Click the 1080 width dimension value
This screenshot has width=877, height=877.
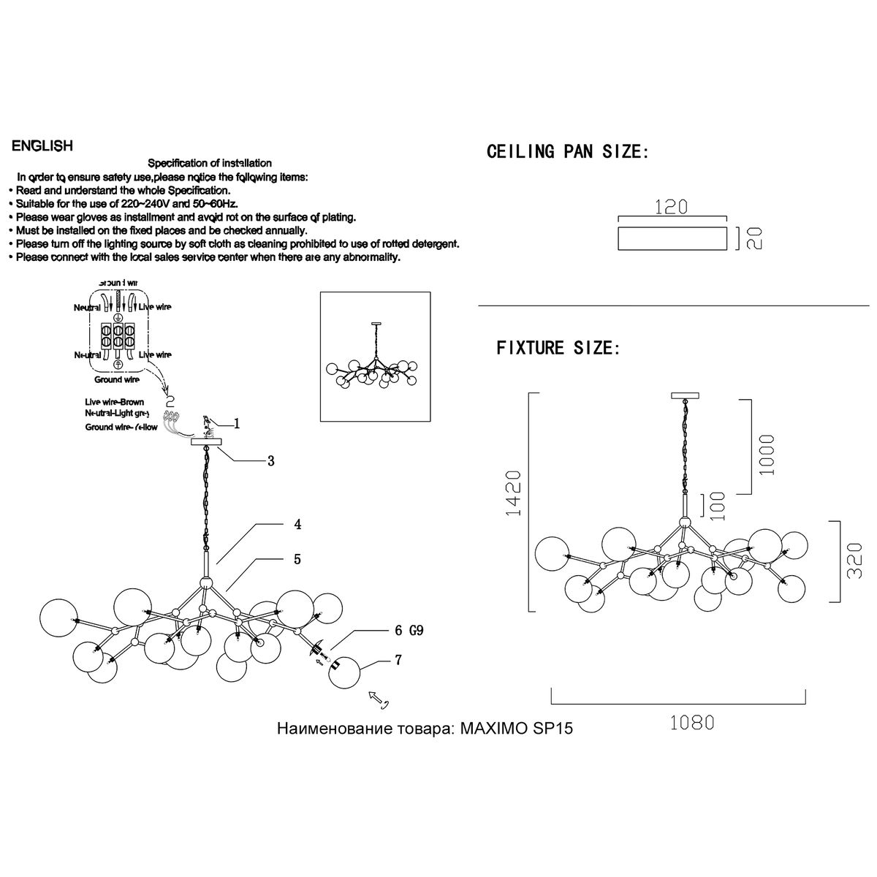pyautogui.click(x=691, y=723)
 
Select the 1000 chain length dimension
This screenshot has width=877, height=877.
pyautogui.click(x=767, y=455)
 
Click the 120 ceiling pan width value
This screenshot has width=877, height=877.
pyautogui.click(x=672, y=207)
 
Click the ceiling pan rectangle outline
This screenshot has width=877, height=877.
pyautogui.click(x=672, y=238)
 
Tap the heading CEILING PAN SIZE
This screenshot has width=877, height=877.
pyautogui.click(x=567, y=152)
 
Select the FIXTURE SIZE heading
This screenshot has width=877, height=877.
pyautogui.click(x=558, y=348)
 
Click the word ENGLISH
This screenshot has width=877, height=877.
pyautogui.click(x=42, y=146)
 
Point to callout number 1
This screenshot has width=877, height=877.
pyautogui.click(x=237, y=423)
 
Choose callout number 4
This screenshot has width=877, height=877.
pyautogui.click(x=297, y=524)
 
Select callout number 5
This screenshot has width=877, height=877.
pyautogui.click(x=297, y=559)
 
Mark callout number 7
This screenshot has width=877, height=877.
pyautogui.click(x=398, y=659)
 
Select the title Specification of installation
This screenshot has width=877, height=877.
pyautogui.click(x=210, y=163)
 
